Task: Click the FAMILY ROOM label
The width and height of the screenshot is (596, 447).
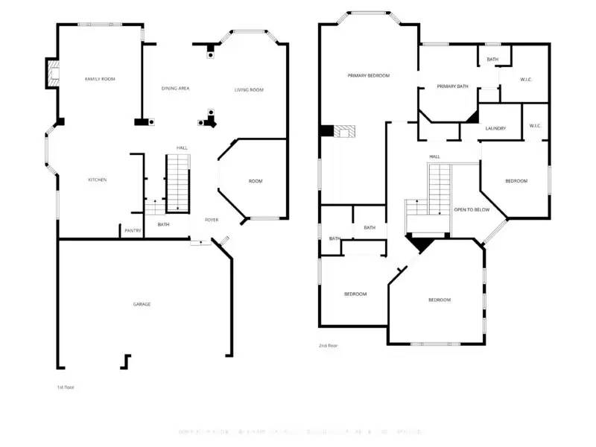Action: coord(100,78)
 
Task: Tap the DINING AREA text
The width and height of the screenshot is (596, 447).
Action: coord(176,89)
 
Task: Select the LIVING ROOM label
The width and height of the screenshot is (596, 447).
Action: coord(249,90)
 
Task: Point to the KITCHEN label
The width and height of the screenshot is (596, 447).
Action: coord(98,180)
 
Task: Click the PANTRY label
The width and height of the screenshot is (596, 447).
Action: coord(133,231)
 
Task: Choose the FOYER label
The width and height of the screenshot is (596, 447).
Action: coord(212,220)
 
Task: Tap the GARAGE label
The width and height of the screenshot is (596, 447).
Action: coord(142,304)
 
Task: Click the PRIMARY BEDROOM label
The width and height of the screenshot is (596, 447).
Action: coord(368,75)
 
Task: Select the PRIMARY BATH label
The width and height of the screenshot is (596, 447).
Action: coord(452,86)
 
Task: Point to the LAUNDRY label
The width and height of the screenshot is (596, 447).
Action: coord(495,128)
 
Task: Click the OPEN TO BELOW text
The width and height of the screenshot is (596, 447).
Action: coord(472,210)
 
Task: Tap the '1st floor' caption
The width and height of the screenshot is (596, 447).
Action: coord(66,387)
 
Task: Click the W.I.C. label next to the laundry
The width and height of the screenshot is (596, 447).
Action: coord(535,126)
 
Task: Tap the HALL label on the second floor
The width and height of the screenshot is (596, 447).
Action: coord(434,156)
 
